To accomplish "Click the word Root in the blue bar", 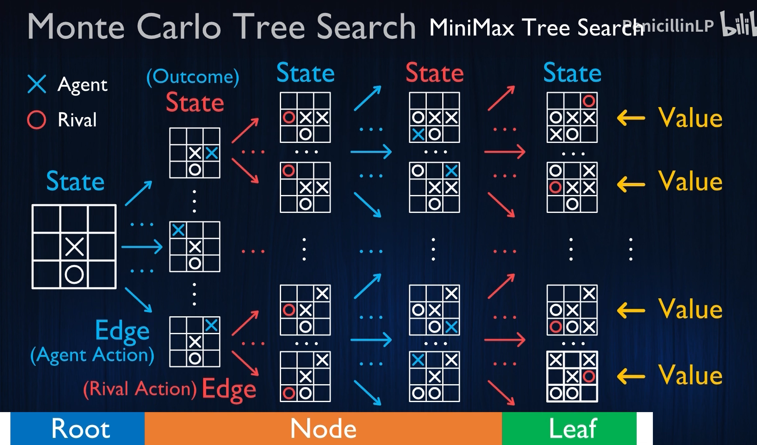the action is click(80, 428).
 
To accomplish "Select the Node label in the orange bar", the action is click(323, 428).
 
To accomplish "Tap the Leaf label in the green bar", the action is click(573, 428).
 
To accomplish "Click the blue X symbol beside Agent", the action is click(37, 84).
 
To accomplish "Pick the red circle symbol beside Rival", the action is click(36, 120).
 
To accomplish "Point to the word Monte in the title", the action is click(76, 27).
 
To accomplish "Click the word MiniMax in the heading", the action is click(472, 27).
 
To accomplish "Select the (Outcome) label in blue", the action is click(193, 77).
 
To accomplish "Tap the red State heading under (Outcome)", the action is click(195, 102).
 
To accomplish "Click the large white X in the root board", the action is click(75, 247).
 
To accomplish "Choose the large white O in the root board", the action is click(74, 275).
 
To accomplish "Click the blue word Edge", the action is click(122, 330).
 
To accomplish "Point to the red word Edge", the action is click(229, 389).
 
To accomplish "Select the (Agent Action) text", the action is click(92, 355).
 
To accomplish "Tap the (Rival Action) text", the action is click(140, 389).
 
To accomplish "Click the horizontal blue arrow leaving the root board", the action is click(142, 247).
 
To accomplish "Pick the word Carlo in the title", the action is click(179, 27).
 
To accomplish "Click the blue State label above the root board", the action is click(75, 181).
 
